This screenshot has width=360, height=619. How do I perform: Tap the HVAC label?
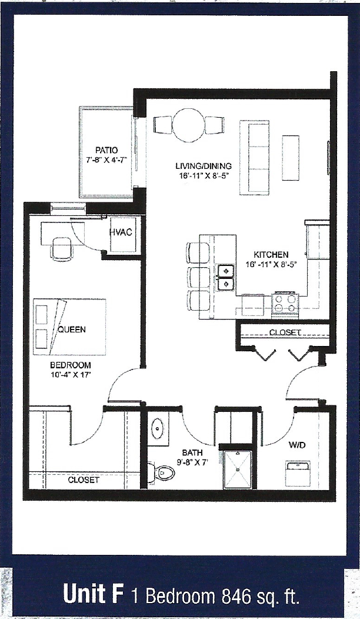coord(121,232)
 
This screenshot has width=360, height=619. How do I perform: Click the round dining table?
coord(188,125)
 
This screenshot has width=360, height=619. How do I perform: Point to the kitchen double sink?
coord(226,278)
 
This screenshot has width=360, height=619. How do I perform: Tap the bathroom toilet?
coord(164,472)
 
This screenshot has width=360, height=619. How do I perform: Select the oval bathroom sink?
coord(158,429)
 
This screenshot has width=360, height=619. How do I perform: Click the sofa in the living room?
coord(254,157)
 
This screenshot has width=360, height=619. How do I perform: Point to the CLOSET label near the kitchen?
coord(285,332)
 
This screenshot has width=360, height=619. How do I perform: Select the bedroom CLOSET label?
coord(83,480)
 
